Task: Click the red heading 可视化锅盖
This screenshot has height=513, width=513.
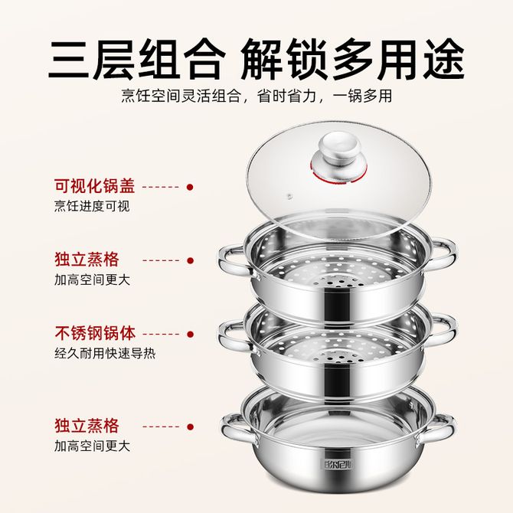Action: tap(95, 186)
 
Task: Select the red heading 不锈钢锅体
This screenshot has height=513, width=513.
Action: tap(95, 333)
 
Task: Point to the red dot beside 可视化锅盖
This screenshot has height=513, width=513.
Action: tap(190, 187)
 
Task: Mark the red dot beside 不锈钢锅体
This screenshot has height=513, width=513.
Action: tap(190, 335)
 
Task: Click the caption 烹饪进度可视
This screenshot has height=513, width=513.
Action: tap(92, 206)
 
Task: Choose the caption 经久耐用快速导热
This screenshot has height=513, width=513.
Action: tap(105, 353)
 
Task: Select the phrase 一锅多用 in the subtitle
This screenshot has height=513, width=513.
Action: tap(362, 96)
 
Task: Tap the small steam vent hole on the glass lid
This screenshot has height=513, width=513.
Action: tap(289, 197)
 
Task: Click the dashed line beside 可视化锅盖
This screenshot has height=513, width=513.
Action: tap(161, 187)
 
